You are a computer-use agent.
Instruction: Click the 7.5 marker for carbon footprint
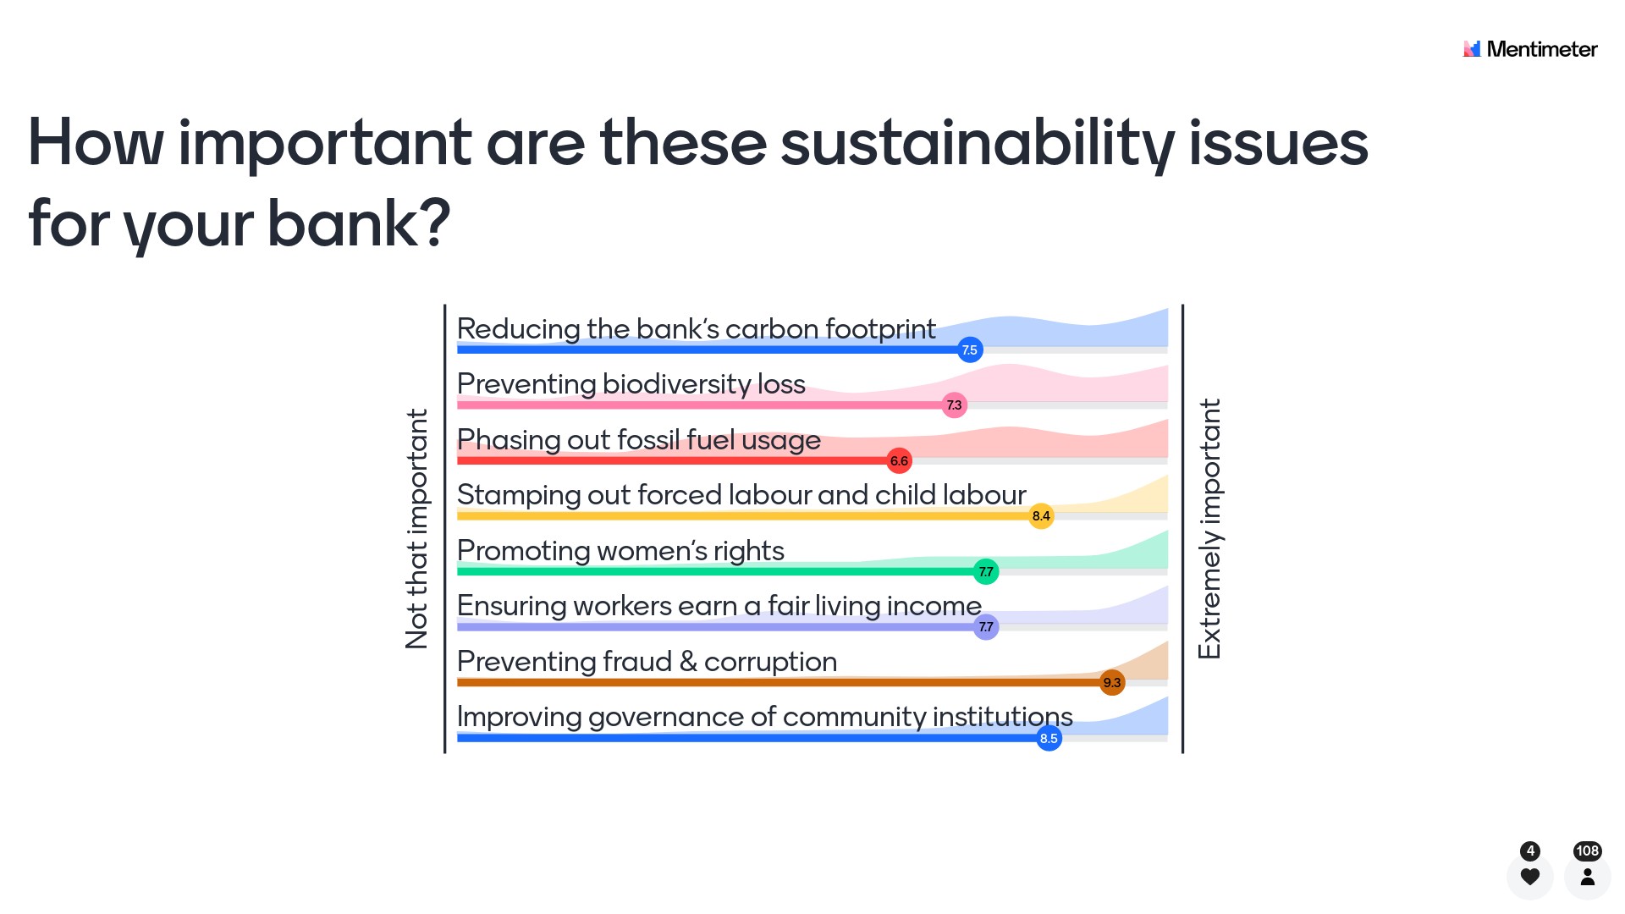tap(970, 350)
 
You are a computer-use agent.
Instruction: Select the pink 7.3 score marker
tap(954, 405)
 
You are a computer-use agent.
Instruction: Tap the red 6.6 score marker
tap(899, 461)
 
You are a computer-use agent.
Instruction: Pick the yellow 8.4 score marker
tap(1041, 516)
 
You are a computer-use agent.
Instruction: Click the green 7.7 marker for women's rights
tap(986, 572)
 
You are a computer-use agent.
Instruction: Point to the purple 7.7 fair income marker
tap(986, 627)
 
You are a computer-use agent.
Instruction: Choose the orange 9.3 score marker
tap(1112, 683)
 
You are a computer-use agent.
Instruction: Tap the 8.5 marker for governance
tap(1049, 739)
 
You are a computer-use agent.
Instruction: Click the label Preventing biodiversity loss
tap(631, 384)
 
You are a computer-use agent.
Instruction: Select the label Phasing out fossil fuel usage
tap(639, 440)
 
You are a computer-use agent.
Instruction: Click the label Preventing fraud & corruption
tap(647, 662)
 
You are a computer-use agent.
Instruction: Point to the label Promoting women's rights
tap(620, 551)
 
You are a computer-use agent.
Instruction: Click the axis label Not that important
tap(416, 529)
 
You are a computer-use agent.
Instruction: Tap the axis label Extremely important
tap(1209, 529)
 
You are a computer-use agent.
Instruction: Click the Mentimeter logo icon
tap(1472, 49)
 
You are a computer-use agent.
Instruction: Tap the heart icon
tap(1530, 877)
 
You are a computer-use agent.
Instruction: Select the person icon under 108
tap(1588, 877)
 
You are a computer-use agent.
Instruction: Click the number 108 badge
tap(1588, 851)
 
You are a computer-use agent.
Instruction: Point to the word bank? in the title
tap(359, 224)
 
